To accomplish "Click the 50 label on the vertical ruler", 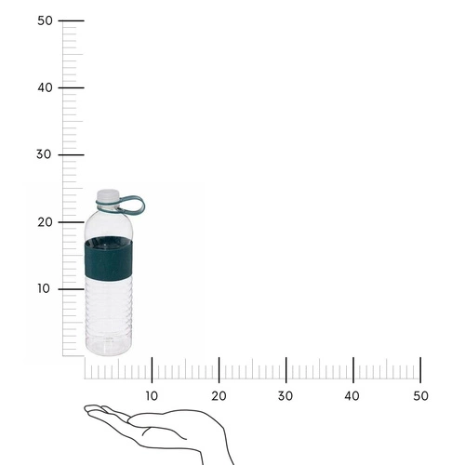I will click(45, 20).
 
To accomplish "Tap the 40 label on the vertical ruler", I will click(45, 87).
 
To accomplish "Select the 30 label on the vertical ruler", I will click(45, 154).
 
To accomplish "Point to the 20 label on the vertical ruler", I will click(45, 221).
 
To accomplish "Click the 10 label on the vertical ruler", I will click(45, 288).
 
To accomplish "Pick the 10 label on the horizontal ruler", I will click(152, 396).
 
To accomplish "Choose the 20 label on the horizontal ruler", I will click(219, 396).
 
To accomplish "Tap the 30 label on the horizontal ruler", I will click(286, 396).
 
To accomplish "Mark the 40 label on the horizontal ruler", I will click(352, 396).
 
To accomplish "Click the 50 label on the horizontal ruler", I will click(420, 396).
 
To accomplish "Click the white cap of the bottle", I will click(108, 198).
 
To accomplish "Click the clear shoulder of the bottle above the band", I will click(110, 223).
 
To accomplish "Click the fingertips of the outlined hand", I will click(89, 409).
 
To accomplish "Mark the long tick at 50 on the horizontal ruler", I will click(420, 368).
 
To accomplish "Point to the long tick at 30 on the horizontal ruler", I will click(286, 368).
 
